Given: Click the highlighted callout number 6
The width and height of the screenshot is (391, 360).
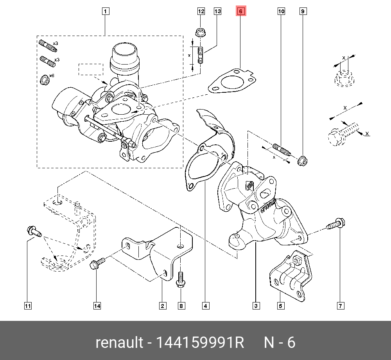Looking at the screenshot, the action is pos(241,11).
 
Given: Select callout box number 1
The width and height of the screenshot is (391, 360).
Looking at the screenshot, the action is pos(106,11).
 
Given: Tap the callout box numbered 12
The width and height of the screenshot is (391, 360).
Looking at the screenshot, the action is pos(201,11).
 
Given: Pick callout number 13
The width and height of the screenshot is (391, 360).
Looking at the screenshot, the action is pos(217,11).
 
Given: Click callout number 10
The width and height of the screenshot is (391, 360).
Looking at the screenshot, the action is pos(282,11).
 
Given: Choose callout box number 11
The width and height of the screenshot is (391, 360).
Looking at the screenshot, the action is pos(27,306).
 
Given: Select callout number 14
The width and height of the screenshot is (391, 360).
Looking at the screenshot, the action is pos(97,306).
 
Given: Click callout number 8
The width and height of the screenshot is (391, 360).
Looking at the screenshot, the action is pos(181,306).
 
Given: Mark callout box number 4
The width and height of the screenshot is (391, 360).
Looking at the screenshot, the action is pos(205,306).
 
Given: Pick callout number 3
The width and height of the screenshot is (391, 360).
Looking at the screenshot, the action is pos(256,306).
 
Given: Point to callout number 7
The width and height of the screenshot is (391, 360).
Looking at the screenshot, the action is pos(340,306).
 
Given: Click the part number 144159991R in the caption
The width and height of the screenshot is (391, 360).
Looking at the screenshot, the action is pos(200,342).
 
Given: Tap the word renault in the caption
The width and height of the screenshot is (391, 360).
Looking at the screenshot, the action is pos(119,342).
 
